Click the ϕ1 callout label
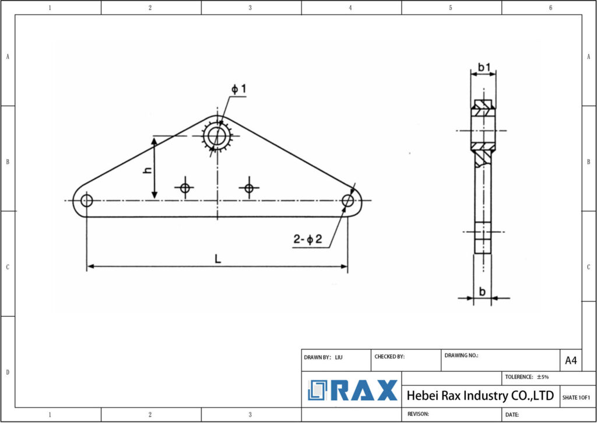(239, 89)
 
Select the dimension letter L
(217, 258)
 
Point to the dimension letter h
(148, 170)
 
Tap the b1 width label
(483, 68)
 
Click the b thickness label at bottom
(482, 291)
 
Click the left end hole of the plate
(87, 201)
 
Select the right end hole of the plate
(348, 201)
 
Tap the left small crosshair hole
(185, 188)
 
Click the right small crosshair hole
(249, 188)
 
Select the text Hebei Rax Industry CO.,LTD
(480, 396)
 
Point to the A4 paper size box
(571, 361)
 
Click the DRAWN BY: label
(318, 356)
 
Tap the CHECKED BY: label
(389, 356)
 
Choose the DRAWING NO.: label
(461, 355)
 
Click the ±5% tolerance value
(542, 377)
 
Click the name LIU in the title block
(339, 356)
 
